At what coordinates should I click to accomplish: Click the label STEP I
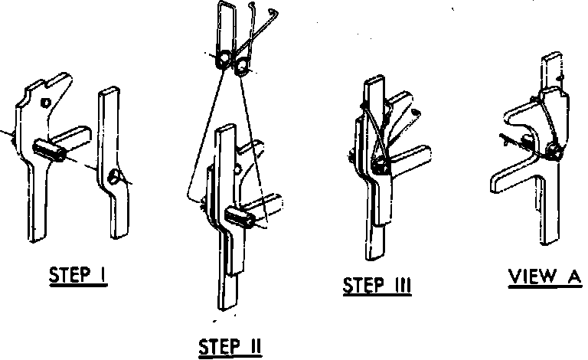tap(77, 276)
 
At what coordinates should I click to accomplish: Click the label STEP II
tap(230, 348)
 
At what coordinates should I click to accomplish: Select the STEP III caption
tap(377, 286)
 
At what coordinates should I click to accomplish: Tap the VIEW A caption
tap(545, 276)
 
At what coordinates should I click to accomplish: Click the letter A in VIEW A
tap(573, 276)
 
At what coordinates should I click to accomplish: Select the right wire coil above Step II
tap(243, 70)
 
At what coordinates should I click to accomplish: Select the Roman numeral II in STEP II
tap(253, 348)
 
